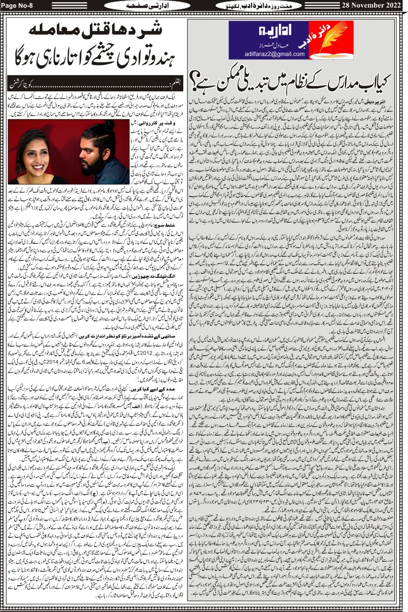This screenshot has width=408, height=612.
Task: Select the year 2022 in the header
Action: [391, 5]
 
